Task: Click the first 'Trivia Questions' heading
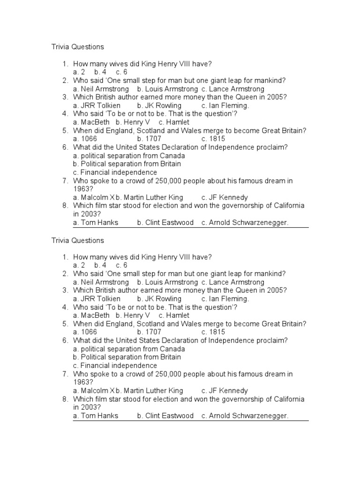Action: click(x=77, y=47)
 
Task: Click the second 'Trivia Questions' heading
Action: click(x=77, y=240)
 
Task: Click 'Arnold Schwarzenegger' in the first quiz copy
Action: click(x=248, y=223)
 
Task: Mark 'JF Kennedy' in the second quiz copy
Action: click(x=228, y=390)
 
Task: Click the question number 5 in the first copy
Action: click(x=65, y=131)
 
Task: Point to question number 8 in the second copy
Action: click(x=65, y=399)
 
